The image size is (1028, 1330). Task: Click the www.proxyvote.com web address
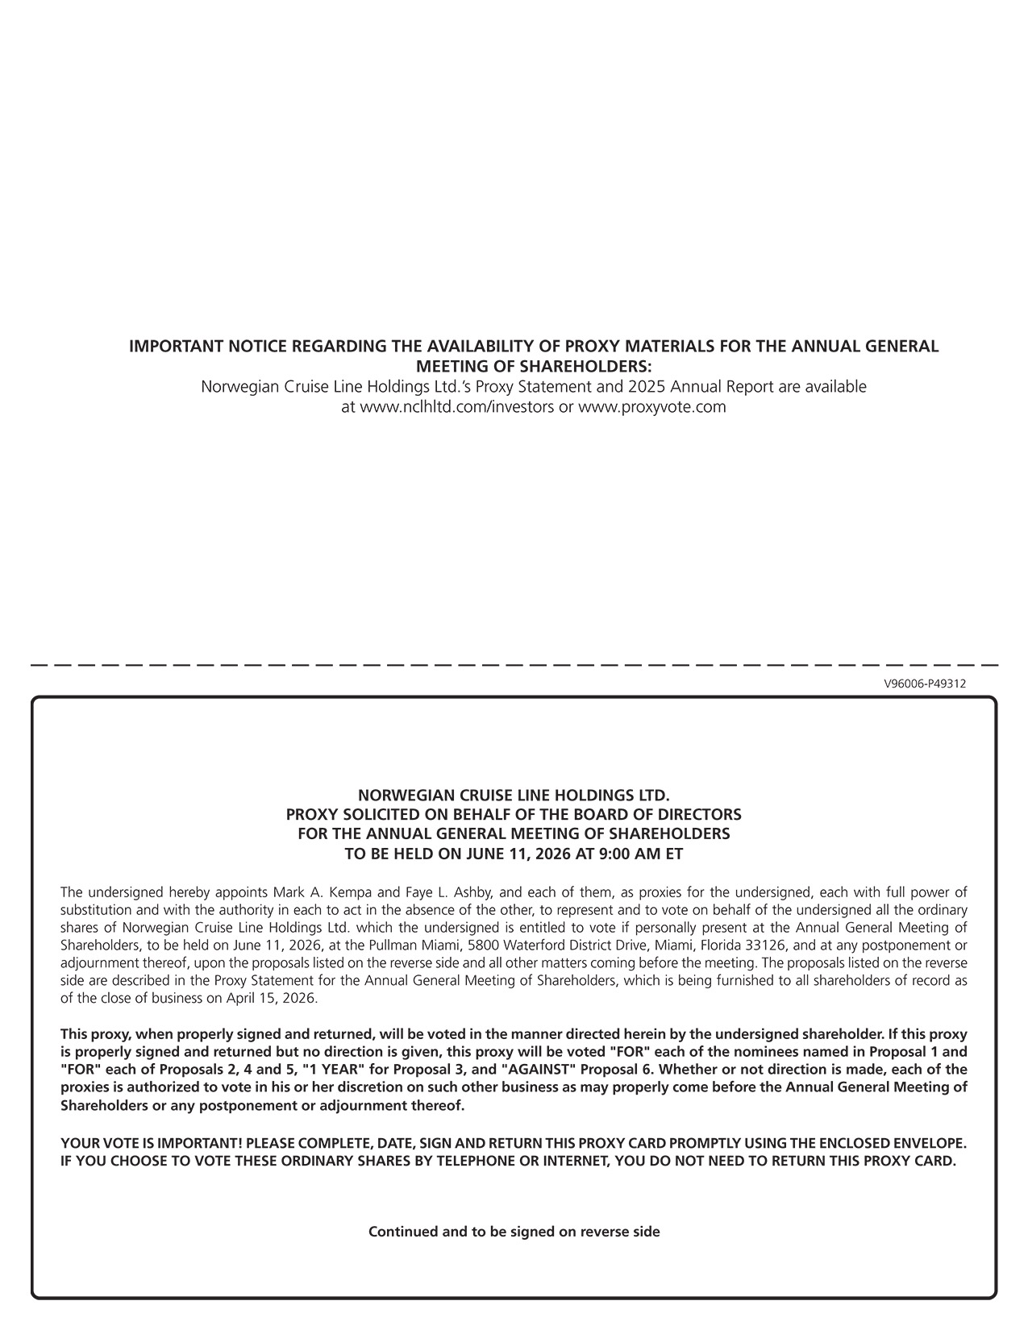652,407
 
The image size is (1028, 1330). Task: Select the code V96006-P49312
925,684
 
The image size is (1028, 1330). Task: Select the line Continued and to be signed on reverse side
514,1232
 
